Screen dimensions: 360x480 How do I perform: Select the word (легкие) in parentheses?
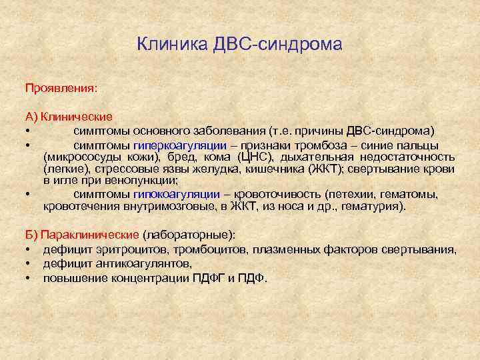(x=65, y=169)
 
